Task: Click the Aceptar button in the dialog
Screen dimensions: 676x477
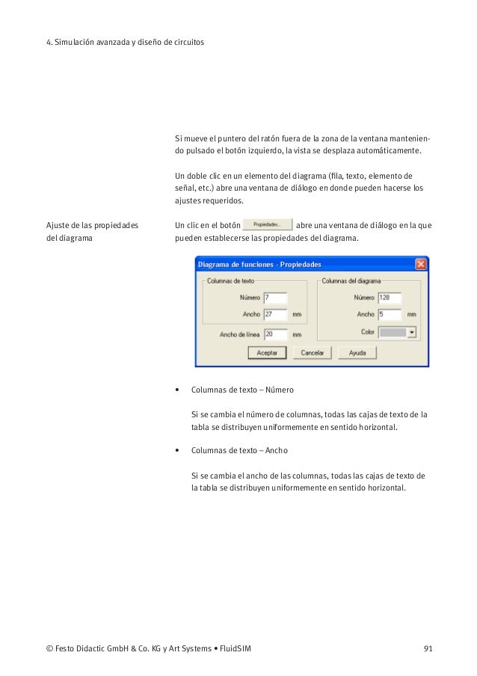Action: [x=267, y=352]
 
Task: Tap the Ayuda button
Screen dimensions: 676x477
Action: [x=357, y=352]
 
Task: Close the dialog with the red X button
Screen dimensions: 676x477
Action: [x=422, y=264]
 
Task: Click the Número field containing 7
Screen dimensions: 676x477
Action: [x=274, y=298]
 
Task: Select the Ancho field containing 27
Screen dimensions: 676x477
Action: [x=274, y=314]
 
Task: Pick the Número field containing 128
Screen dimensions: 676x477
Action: [x=390, y=298]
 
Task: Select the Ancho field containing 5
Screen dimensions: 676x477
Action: [x=390, y=314]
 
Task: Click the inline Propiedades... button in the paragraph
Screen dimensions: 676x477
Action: [x=267, y=224]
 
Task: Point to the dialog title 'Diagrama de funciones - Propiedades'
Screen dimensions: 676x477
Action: [x=259, y=265]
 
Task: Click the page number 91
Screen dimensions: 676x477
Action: [x=428, y=648]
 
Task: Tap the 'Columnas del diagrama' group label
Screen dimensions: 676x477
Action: [x=351, y=281]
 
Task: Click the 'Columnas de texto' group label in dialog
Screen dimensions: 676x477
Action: [x=232, y=281]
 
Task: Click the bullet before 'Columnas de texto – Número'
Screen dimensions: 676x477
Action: [x=176, y=390]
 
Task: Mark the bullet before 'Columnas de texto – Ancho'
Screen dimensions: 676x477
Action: [x=176, y=451]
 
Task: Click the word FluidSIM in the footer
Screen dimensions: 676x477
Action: [x=233, y=648]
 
